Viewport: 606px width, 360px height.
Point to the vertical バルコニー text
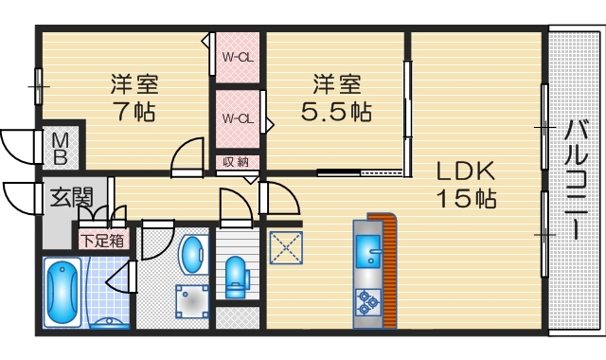pyautogui.click(x=576, y=180)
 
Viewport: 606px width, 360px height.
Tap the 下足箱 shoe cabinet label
pyautogui.click(x=102, y=241)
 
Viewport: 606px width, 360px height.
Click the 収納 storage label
pyautogui.click(x=237, y=162)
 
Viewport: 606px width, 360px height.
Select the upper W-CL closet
pyautogui.click(x=237, y=57)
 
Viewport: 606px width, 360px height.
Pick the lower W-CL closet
pyautogui.click(x=237, y=118)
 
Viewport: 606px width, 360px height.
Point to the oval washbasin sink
pyautogui.click(x=193, y=255)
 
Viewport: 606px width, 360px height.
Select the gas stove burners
pyautogui.click(x=367, y=301)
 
